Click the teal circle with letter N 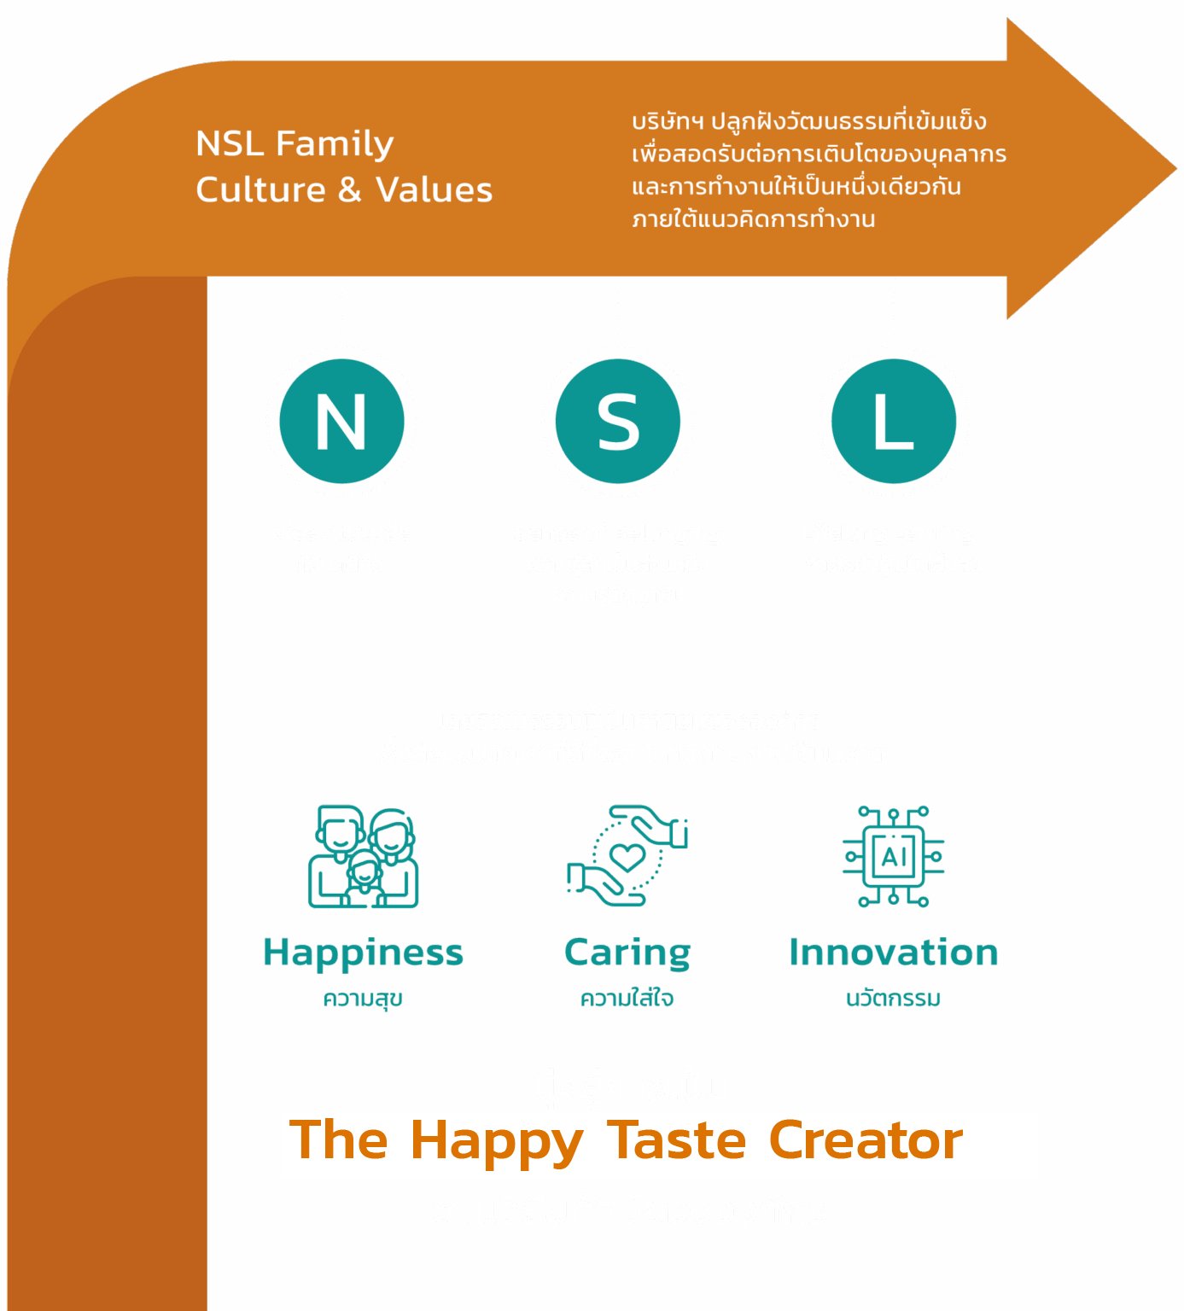pyautogui.click(x=341, y=422)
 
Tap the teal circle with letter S pyautogui.click(x=618, y=422)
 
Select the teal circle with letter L pyautogui.click(x=894, y=422)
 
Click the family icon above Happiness pyautogui.click(x=364, y=856)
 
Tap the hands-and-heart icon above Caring pyautogui.click(x=627, y=855)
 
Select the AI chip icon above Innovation pyautogui.click(x=894, y=856)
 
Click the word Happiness pyautogui.click(x=363, y=953)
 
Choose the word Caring pyautogui.click(x=627, y=953)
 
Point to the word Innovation pyautogui.click(x=894, y=953)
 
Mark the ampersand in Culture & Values pyautogui.click(x=350, y=190)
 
